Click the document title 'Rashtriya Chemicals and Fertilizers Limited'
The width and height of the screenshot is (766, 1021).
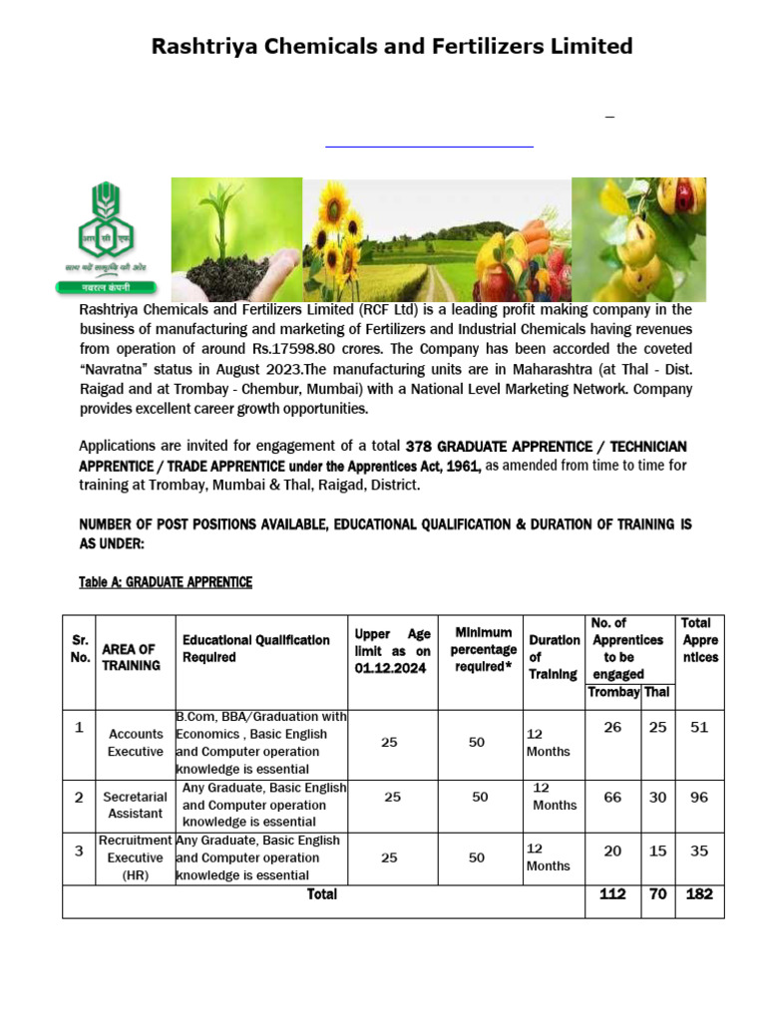(x=391, y=46)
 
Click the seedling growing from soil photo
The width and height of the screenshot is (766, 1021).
(x=236, y=239)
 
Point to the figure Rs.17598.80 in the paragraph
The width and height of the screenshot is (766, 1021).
(x=370, y=349)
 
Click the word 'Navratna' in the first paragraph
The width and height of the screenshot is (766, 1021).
(x=116, y=369)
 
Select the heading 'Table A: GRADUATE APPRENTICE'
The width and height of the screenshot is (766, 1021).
(x=166, y=582)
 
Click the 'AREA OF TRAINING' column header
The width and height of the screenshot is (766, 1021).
(x=130, y=657)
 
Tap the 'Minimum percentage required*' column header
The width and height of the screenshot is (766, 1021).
(x=483, y=649)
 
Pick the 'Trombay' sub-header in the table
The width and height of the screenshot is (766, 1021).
(x=612, y=692)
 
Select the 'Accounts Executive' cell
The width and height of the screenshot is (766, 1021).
(x=136, y=743)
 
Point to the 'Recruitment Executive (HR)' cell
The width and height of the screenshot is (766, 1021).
(x=136, y=857)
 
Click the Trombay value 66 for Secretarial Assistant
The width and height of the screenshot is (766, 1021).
(x=612, y=797)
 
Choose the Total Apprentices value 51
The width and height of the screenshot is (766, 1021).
(x=699, y=727)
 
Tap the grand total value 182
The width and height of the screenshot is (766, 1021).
(x=699, y=893)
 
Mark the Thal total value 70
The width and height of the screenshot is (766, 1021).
(x=657, y=893)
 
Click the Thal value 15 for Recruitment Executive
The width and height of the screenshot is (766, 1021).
(x=657, y=850)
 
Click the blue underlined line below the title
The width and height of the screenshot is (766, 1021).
(x=430, y=147)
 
